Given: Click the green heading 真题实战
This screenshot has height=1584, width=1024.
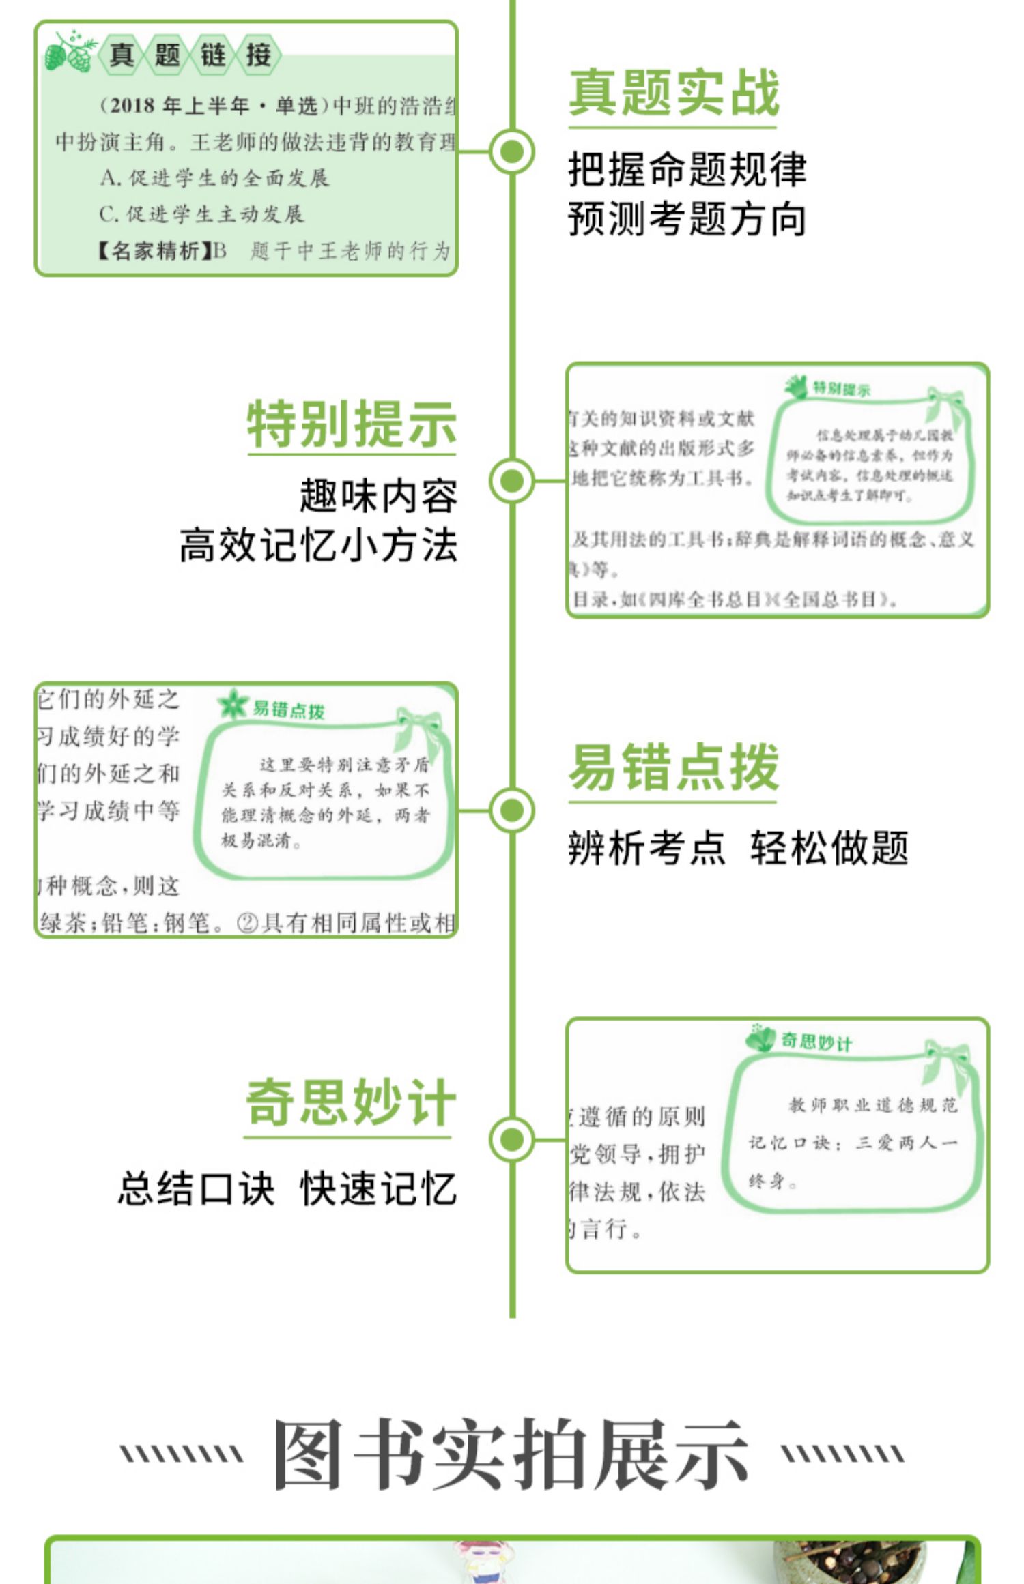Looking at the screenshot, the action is [673, 93].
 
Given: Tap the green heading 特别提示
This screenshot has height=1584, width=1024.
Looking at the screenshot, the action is [351, 424].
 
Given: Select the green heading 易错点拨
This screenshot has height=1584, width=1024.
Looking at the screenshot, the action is [673, 767].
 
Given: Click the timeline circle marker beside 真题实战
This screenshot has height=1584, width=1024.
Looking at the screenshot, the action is [512, 151].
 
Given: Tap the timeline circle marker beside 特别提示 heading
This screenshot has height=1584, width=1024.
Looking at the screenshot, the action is [512, 480].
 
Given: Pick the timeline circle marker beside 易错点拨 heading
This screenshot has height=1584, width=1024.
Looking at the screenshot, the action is [512, 810].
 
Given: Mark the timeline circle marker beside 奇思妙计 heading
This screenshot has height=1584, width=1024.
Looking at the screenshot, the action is [512, 1139].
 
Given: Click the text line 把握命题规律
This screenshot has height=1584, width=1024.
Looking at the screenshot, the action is [687, 169].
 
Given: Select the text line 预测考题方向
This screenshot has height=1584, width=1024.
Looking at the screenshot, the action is [687, 219].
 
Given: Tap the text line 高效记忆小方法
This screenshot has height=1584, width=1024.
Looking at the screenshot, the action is [318, 546].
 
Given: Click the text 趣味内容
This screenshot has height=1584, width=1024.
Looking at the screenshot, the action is [378, 496].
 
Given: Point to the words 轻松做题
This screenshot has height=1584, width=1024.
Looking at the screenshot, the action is [829, 849].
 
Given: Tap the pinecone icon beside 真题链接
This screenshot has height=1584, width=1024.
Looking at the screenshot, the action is [68, 53].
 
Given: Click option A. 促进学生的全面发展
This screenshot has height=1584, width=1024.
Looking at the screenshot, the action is [214, 178].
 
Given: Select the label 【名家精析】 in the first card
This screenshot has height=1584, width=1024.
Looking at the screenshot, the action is [153, 251].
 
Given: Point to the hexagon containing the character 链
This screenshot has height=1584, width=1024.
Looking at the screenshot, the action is [213, 55].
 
